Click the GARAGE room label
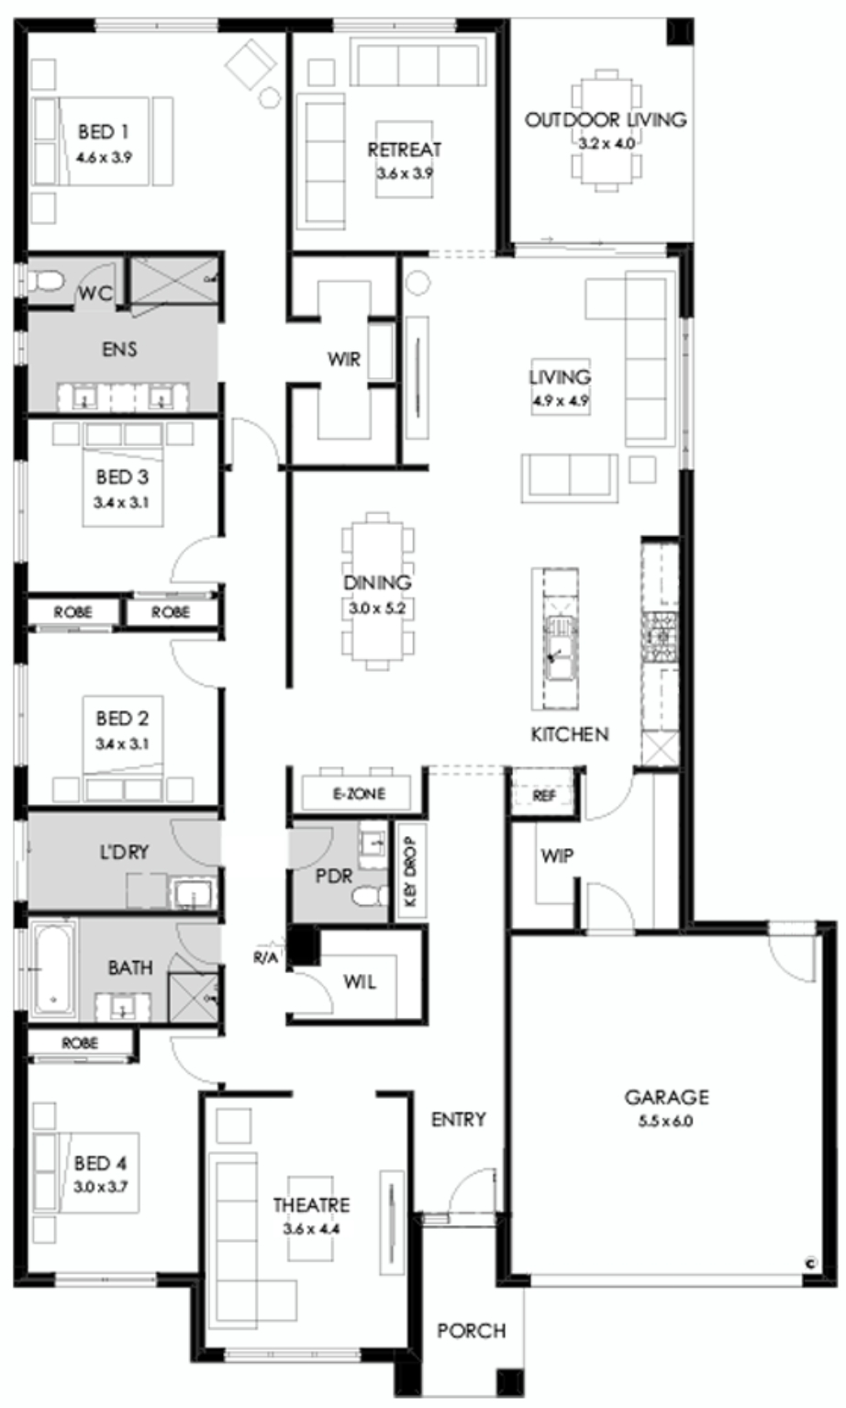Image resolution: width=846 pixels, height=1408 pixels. click(666, 1097)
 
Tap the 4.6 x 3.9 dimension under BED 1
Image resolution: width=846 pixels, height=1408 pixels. click(105, 157)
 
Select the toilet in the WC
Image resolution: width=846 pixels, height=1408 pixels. click(46, 281)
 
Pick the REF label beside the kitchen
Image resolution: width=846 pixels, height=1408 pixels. click(544, 795)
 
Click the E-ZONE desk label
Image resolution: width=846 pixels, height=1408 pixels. click(359, 794)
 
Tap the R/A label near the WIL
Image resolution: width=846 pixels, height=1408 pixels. click(264, 957)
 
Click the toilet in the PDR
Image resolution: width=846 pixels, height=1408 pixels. click(370, 896)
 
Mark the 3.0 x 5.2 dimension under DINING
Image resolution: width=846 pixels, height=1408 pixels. click(377, 609)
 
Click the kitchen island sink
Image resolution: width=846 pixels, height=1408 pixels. click(561, 646)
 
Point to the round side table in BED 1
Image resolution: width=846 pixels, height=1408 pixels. click(271, 98)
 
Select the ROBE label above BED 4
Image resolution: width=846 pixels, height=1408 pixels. click(80, 1044)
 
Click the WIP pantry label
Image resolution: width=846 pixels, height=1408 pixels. click(557, 855)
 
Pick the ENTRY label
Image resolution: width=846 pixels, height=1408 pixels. click(458, 1120)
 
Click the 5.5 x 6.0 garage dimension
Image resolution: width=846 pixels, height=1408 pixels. click(665, 1121)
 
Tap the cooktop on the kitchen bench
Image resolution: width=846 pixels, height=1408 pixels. click(660, 637)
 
